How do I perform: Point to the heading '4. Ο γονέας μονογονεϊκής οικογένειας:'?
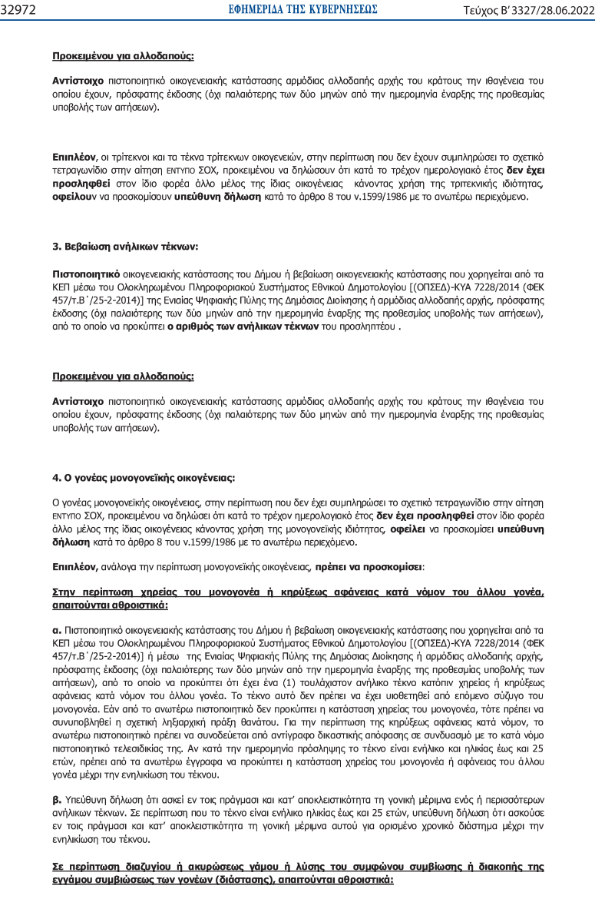[144, 477]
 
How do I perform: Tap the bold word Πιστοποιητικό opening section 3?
[84, 273]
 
